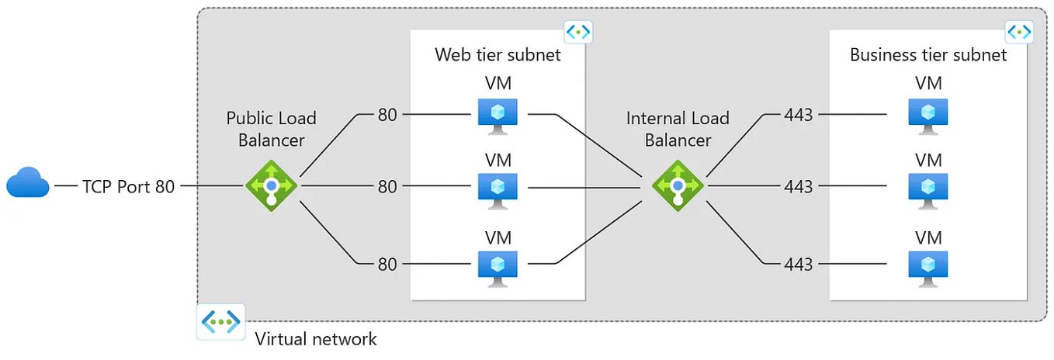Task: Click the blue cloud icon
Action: pos(28,183)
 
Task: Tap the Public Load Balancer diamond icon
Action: pos(271,186)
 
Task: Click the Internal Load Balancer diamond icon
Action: pos(678,186)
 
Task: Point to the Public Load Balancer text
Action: pos(271,129)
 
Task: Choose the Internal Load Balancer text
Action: pos(678,129)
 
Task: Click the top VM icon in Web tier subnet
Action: pos(498,115)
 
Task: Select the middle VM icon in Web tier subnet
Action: pos(498,189)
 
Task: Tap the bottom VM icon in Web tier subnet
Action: pos(498,265)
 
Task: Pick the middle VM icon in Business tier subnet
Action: pos(927,189)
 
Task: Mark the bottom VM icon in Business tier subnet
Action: pos(927,265)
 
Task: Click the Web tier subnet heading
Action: pos(498,55)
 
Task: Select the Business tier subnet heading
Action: pos(928,55)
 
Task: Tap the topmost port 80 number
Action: pos(387,116)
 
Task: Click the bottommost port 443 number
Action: pos(798,265)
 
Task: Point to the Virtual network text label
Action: pos(316,339)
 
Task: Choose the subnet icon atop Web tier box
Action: pos(578,32)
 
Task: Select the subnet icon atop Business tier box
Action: pos(1019,32)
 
